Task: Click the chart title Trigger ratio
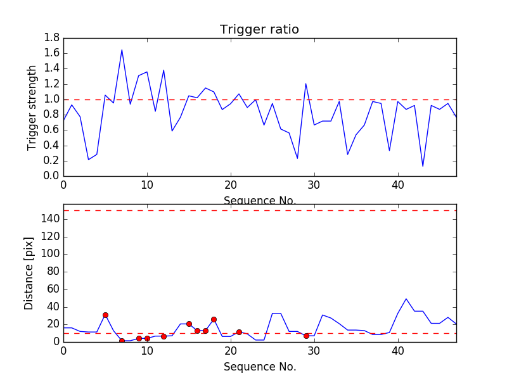pyautogui.click(x=259, y=30)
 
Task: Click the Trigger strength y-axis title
pyautogui.click(x=32, y=107)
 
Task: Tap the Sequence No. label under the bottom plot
pyautogui.click(x=259, y=367)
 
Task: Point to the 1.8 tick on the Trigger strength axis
pyautogui.click(x=52, y=38)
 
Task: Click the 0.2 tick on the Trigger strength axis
pyautogui.click(x=52, y=161)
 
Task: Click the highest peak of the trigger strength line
pyautogui.click(x=122, y=50)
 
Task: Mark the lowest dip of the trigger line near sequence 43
pyautogui.click(x=423, y=167)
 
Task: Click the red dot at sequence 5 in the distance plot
pyautogui.click(x=105, y=315)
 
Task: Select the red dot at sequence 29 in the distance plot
pyautogui.click(x=306, y=336)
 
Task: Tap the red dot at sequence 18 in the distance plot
pyautogui.click(x=214, y=319)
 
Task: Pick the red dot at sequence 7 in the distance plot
pyautogui.click(x=122, y=341)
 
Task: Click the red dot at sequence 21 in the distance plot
pyautogui.click(x=239, y=332)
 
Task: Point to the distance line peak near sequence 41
pyautogui.click(x=406, y=299)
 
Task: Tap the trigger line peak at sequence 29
pyautogui.click(x=305, y=84)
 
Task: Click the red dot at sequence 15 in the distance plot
pyautogui.click(x=189, y=324)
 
